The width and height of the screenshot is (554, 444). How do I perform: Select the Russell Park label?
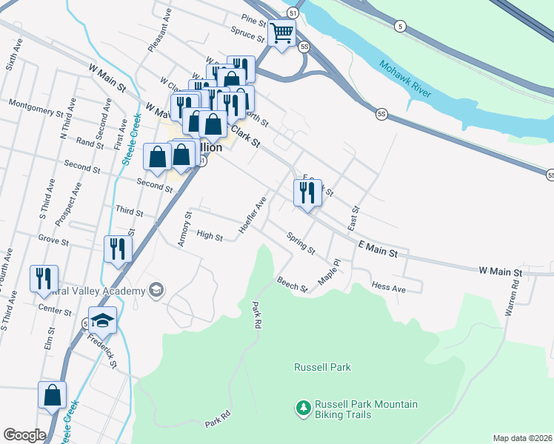(322, 367)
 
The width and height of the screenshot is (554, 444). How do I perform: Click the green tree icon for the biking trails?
(302, 408)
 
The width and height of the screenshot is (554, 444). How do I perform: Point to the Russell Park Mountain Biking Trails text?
(366, 409)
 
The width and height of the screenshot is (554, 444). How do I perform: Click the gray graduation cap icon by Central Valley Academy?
(156, 290)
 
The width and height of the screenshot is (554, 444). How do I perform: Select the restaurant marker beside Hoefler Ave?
(307, 193)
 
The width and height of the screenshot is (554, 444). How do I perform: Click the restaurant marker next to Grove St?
(117, 249)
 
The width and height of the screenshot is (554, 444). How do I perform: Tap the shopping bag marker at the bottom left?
(53, 396)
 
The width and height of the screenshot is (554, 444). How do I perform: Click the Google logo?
(24, 435)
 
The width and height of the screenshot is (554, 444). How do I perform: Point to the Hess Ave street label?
(389, 287)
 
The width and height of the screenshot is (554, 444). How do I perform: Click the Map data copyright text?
(522, 438)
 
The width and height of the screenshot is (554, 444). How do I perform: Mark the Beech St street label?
(292, 284)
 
